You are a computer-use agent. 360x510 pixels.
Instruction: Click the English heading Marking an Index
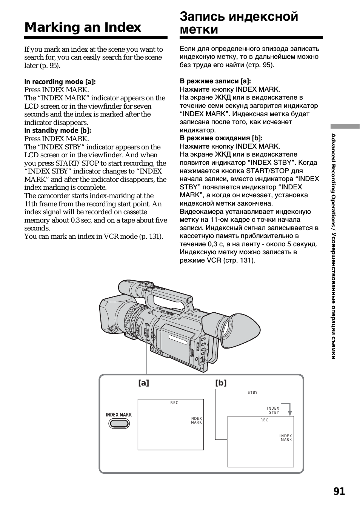(x=83, y=27)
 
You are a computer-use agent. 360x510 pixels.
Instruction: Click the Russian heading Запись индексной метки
(x=239, y=23)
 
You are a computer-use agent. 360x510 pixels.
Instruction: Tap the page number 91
(x=339, y=491)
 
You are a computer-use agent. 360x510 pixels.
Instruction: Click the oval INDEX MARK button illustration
(x=119, y=424)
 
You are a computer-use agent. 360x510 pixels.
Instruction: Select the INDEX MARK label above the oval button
(x=119, y=415)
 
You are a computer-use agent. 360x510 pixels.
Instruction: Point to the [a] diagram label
(x=143, y=383)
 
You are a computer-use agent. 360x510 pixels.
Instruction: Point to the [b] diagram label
(x=221, y=383)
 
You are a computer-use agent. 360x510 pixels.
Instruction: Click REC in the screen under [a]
(x=174, y=403)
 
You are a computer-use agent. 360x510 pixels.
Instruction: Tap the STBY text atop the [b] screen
(x=252, y=393)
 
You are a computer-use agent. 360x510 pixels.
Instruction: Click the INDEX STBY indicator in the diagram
(x=273, y=410)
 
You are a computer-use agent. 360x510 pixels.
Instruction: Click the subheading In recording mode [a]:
(x=60, y=82)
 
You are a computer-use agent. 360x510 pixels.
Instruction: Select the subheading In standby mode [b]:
(x=58, y=131)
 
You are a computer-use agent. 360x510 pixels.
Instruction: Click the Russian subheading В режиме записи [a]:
(x=215, y=81)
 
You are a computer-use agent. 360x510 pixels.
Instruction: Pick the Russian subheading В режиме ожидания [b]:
(x=221, y=138)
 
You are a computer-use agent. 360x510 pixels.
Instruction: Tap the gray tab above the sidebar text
(x=345, y=126)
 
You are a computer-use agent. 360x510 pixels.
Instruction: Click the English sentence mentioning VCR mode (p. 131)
(x=94, y=237)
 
